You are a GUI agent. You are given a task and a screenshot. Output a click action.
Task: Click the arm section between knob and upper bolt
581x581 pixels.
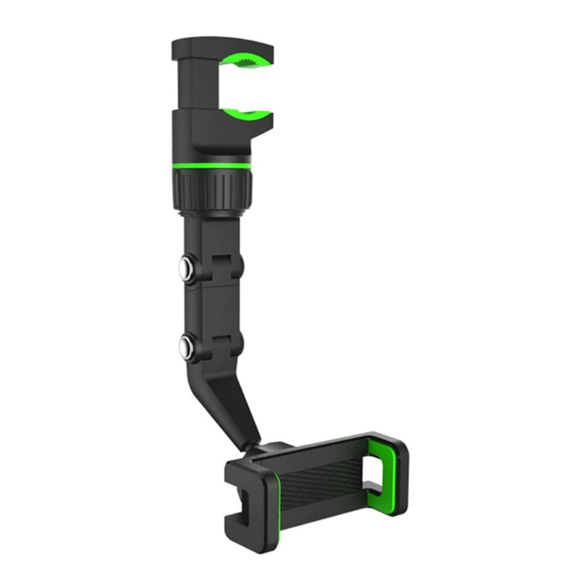[212, 235]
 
